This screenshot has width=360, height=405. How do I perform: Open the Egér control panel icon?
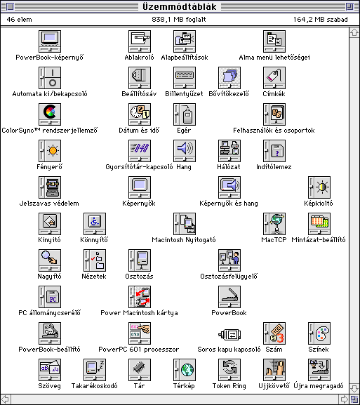pyautogui.click(x=185, y=114)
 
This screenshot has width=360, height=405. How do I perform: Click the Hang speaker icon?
pyautogui.click(x=185, y=151)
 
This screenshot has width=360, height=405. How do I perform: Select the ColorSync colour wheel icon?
pyautogui.click(x=50, y=114)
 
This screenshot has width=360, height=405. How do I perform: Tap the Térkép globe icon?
pyautogui.click(x=185, y=370)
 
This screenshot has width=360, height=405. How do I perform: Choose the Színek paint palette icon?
pyautogui.click(x=319, y=333)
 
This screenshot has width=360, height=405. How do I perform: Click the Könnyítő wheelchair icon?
pyautogui.click(x=95, y=224)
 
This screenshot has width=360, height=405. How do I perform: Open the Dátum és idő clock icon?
pyautogui.click(x=140, y=114)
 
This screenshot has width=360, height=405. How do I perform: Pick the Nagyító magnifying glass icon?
pyautogui.click(x=50, y=260)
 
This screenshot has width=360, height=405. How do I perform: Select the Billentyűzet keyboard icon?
pyautogui.click(x=185, y=78)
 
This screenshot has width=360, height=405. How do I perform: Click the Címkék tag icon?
pyautogui.click(x=274, y=78)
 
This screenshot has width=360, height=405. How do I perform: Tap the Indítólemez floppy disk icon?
pyautogui.click(x=274, y=151)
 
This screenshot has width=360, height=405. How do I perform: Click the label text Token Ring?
pyautogui.click(x=229, y=386)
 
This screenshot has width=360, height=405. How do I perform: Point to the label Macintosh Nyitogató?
pyautogui.click(x=184, y=240)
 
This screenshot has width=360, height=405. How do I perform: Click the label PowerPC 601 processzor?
pyautogui.click(x=139, y=350)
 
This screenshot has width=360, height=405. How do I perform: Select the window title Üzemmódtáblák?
pyautogui.click(x=180, y=6)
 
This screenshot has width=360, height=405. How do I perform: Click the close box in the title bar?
pyautogui.click(x=10, y=6)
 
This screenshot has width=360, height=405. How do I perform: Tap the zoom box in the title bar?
pyautogui.click(x=349, y=6)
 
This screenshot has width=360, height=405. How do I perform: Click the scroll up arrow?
pyautogui.click(x=354, y=32)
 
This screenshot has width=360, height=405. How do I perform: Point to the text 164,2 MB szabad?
pyautogui.click(x=321, y=20)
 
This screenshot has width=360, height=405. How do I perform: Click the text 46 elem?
pyautogui.click(x=20, y=20)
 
